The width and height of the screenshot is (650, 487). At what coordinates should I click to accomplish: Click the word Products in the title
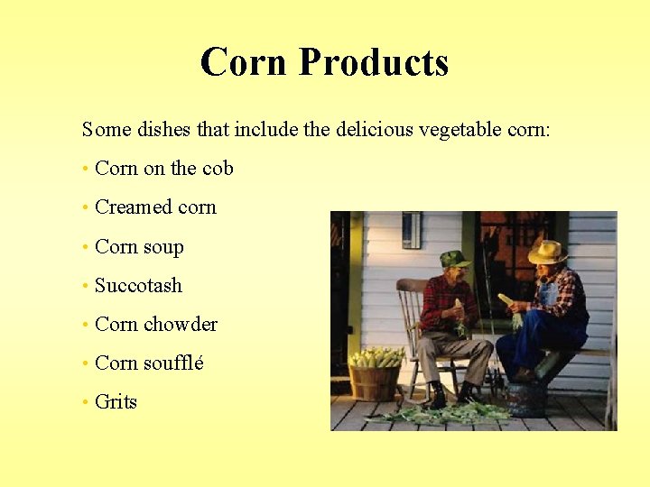373,62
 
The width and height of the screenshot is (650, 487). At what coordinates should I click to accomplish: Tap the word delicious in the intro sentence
374,130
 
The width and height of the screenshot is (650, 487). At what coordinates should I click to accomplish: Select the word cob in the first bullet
218,169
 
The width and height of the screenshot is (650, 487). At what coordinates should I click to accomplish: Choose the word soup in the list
164,247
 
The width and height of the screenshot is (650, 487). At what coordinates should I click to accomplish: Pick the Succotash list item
138,286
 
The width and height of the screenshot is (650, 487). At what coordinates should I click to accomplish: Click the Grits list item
116,402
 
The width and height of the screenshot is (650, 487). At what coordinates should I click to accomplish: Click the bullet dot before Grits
84,402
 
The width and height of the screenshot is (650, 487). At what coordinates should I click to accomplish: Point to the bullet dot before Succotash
84,286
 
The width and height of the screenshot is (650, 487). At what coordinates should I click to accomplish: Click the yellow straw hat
547,252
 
